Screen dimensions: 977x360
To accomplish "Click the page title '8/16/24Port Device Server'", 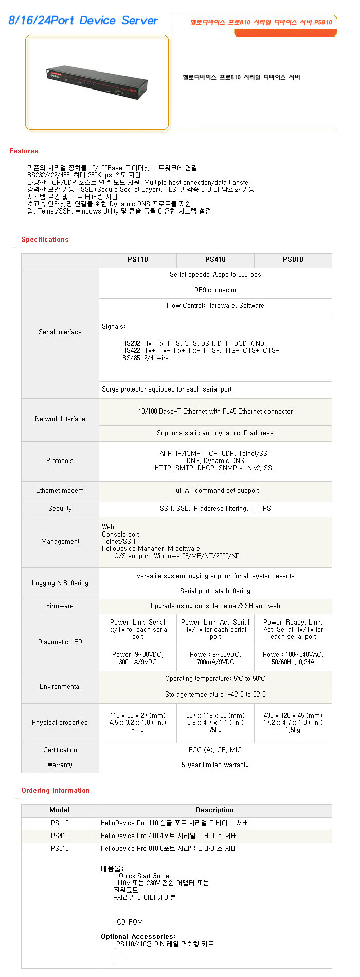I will coord(83,21).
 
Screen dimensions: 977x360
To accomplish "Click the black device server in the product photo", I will coord(97,82).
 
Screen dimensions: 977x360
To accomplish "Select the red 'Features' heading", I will coord(24,151).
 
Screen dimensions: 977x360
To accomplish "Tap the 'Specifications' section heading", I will coord(45,239).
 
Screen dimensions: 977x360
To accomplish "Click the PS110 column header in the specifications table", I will coord(138,260).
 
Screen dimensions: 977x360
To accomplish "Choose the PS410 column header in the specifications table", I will coord(215,260).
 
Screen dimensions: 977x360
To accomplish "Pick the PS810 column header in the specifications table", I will coord(293,260).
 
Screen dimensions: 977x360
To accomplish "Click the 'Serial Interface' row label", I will coord(60,332).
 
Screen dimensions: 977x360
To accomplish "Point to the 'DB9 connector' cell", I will coord(215,290).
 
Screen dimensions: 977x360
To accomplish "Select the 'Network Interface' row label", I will coord(60,419).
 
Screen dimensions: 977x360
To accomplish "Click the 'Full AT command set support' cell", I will coord(215,491).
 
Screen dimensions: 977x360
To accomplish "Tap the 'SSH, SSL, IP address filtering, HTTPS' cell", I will coord(215,508).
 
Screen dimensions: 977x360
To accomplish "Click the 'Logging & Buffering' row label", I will coord(60,583).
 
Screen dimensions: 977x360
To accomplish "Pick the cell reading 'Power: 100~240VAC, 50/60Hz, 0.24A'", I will coord(293,658).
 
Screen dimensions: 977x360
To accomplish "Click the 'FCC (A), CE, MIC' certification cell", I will coord(215,750).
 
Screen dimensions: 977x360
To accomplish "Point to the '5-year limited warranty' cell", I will coord(215,765).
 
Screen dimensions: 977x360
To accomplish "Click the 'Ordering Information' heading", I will coord(56,790).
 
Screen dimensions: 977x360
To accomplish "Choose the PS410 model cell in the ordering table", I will coord(60,836).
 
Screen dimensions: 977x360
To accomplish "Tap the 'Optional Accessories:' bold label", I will coord(138,936).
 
